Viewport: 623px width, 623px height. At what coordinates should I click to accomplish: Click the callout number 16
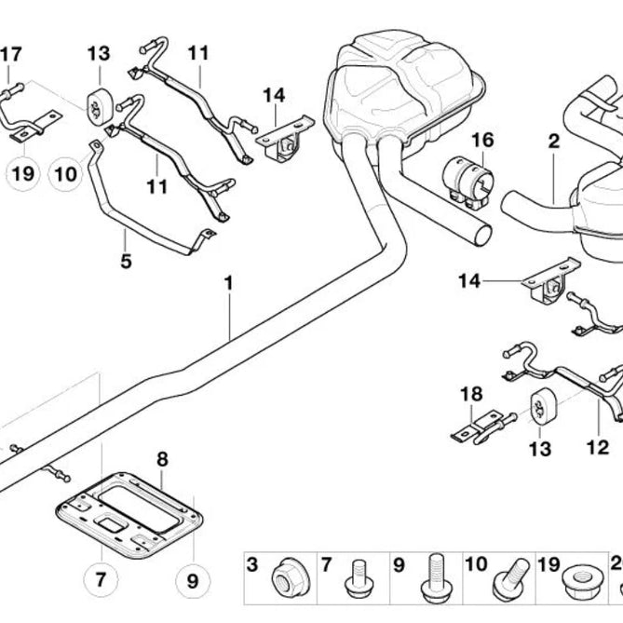(x=482, y=141)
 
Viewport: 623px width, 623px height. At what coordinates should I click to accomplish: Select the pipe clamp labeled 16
(x=468, y=183)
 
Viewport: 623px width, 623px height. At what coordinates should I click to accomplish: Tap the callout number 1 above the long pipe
(x=228, y=283)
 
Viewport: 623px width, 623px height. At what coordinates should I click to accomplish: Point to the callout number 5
(x=126, y=262)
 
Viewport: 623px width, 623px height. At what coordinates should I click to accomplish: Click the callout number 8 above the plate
(x=163, y=459)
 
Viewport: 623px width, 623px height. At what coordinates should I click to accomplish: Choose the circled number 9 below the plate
(x=193, y=581)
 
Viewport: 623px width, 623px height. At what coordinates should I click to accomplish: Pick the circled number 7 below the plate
(x=101, y=579)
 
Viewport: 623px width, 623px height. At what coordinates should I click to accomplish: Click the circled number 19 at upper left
(x=23, y=174)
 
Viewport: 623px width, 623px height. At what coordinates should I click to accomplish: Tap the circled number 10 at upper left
(x=65, y=174)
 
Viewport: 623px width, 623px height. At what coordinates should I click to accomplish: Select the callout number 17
(x=11, y=54)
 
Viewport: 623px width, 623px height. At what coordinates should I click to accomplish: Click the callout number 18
(x=471, y=394)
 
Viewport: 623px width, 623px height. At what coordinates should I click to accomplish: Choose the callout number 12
(x=598, y=447)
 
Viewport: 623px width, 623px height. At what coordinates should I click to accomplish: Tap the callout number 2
(x=554, y=142)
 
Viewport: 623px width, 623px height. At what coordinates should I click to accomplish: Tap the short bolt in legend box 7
(x=359, y=579)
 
